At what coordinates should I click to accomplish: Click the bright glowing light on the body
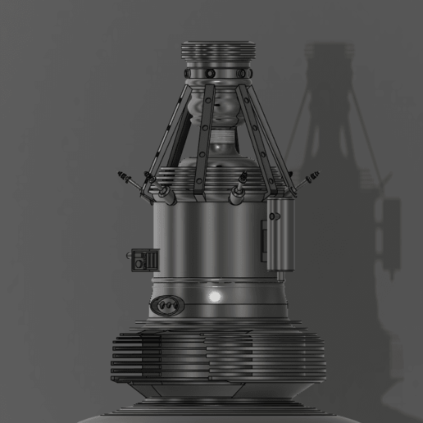click(216, 296)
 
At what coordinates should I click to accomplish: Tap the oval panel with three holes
click(166, 305)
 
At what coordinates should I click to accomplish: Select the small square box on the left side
click(146, 261)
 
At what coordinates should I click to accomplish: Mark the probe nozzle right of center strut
click(240, 189)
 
